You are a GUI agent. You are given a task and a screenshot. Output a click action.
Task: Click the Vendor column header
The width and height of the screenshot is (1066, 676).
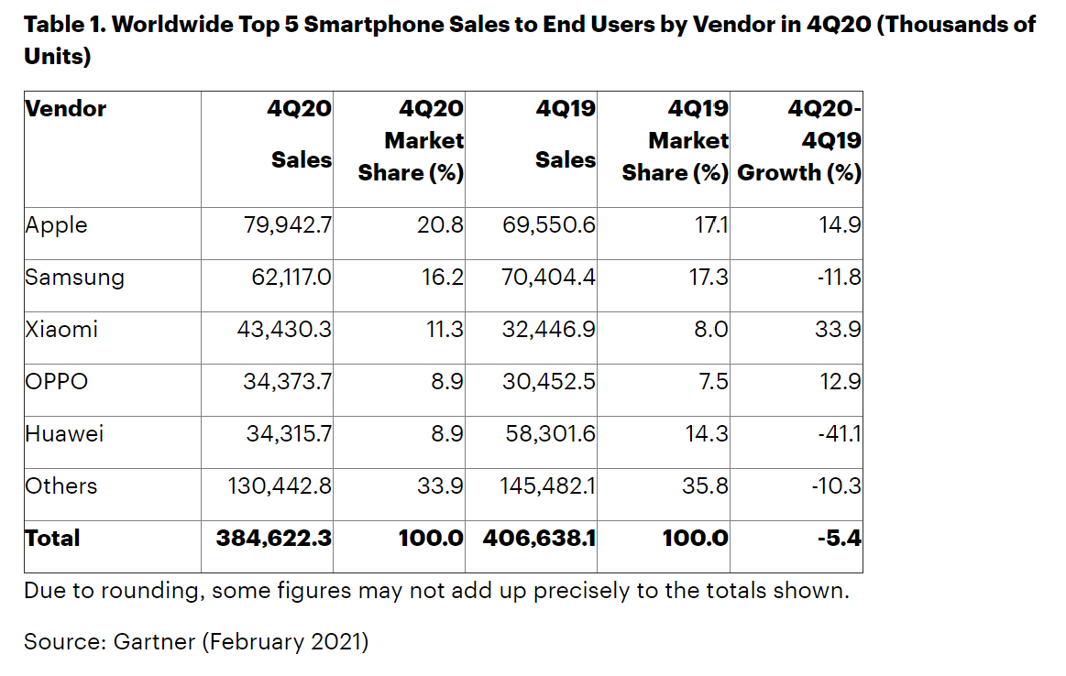click(x=65, y=109)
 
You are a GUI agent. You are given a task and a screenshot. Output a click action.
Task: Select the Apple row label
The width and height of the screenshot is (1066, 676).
click(x=56, y=224)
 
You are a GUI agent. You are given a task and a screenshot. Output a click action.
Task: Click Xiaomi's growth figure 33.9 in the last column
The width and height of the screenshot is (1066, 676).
click(x=838, y=329)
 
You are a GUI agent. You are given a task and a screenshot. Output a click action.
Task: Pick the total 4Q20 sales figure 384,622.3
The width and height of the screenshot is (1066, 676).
click(x=274, y=538)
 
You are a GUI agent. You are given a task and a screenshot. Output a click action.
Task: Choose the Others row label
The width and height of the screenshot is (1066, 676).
click(x=60, y=485)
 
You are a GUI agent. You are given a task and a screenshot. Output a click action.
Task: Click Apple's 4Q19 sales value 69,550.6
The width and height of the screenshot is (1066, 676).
click(x=549, y=224)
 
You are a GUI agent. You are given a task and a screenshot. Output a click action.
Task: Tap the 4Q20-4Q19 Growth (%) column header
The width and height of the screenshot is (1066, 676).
click(x=800, y=141)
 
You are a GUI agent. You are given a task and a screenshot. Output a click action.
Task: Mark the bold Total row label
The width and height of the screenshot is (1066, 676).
click(x=52, y=538)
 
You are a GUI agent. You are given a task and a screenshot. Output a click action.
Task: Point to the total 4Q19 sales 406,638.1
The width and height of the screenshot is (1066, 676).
click(x=539, y=538)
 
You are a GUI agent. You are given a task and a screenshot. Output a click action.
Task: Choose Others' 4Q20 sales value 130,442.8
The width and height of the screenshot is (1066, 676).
click(x=280, y=485)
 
